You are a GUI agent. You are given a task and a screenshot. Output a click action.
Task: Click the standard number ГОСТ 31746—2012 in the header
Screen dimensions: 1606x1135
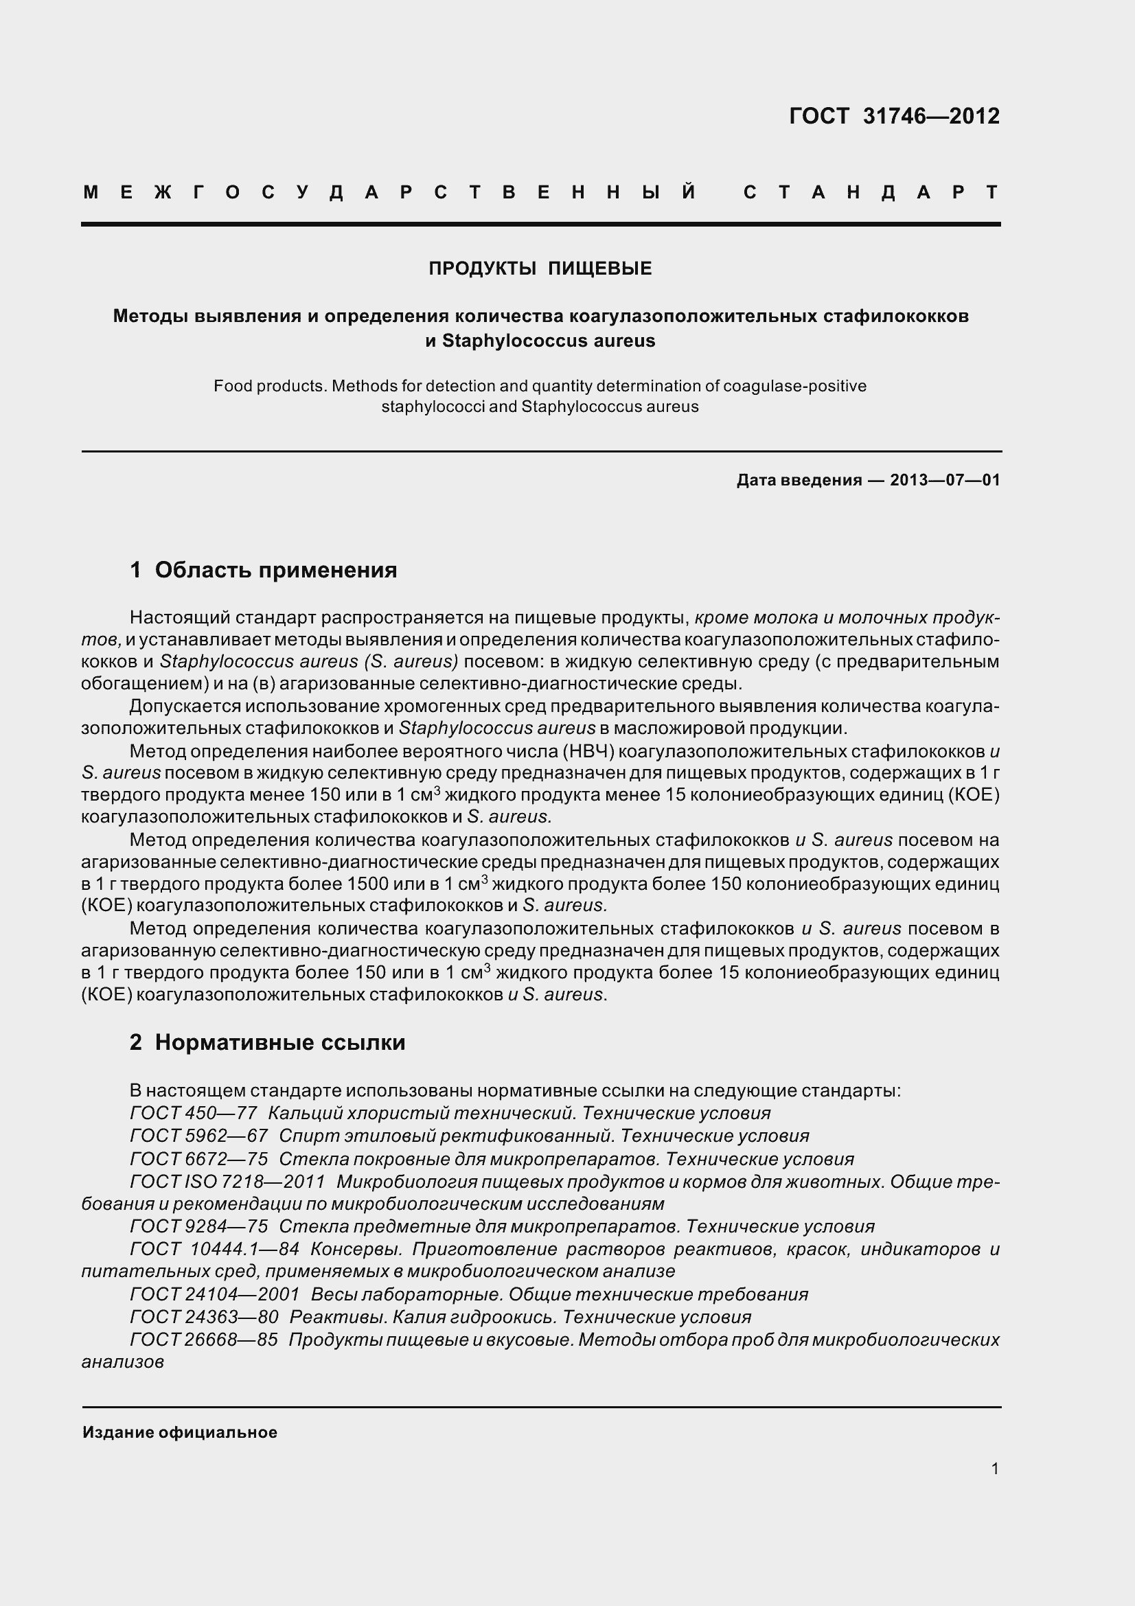(894, 116)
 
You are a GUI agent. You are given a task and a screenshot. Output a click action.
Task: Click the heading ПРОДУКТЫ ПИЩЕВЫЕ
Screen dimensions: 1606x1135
(540, 268)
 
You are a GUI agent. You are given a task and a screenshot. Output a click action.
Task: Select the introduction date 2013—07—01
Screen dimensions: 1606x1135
(945, 480)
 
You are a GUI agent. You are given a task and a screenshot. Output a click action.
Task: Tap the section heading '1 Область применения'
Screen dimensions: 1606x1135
(263, 570)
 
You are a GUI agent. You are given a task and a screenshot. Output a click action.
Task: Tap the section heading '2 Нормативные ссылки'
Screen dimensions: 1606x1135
(267, 1042)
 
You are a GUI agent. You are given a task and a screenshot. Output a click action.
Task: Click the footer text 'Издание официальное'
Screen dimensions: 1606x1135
(180, 1432)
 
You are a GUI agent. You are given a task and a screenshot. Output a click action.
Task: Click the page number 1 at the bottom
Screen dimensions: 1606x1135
(994, 1469)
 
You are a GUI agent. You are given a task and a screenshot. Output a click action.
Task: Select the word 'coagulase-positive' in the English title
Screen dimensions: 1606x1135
(794, 386)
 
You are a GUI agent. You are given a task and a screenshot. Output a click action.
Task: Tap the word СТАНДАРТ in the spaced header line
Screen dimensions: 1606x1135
(871, 192)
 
